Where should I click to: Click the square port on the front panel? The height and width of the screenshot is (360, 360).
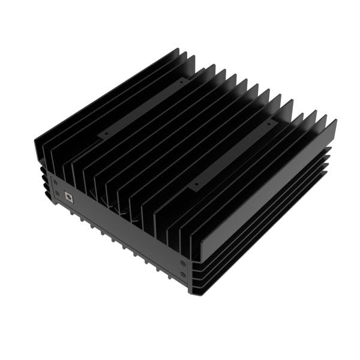(68, 196)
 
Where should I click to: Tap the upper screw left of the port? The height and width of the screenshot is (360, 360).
(55, 181)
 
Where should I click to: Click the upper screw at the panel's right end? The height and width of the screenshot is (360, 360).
(183, 263)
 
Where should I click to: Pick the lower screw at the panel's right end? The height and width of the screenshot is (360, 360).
(183, 275)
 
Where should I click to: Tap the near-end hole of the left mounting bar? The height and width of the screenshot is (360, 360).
(107, 134)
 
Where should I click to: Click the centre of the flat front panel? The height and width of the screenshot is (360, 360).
(120, 231)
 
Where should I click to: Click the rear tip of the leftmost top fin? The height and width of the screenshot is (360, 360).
(178, 49)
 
